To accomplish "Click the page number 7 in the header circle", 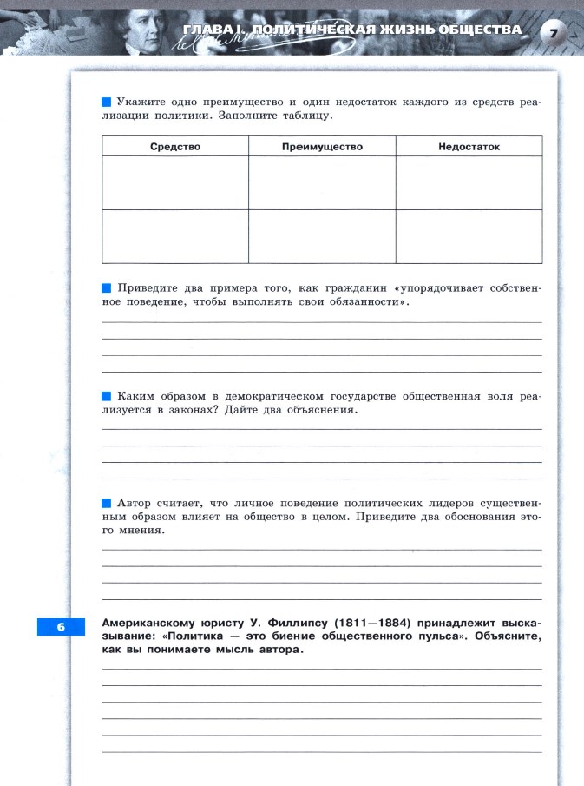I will pyautogui.click(x=553, y=34).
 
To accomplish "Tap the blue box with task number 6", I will pyautogui.click(x=61, y=626).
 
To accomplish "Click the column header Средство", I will pyautogui.click(x=175, y=147).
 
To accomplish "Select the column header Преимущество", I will pyautogui.click(x=322, y=147).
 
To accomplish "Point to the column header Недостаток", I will pyautogui.click(x=469, y=147).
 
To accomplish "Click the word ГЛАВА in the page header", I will pyautogui.click(x=206, y=30).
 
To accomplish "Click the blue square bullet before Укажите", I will pyautogui.click(x=106, y=102).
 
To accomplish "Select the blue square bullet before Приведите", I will pyautogui.click(x=106, y=287).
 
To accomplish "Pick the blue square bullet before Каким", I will pyautogui.click(x=106, y=396).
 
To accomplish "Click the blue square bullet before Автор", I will pyautogui.click(x=106, y=503).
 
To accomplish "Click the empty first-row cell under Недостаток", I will pyautogui.click(x=469, y=182).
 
